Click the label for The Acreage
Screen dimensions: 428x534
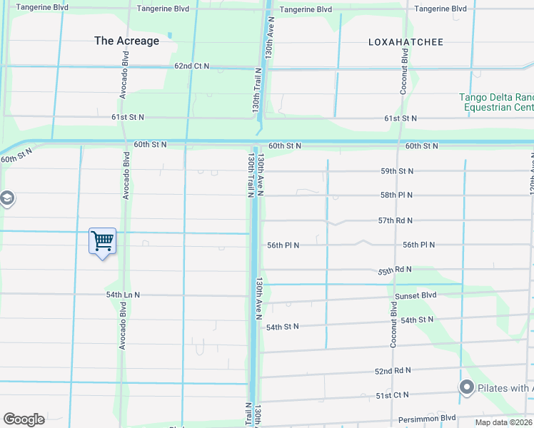click(126, 41)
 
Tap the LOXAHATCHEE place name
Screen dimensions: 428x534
click(405, 42)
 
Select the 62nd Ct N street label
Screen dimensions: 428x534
click(191, 66)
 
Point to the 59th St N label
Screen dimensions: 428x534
click(397, 171)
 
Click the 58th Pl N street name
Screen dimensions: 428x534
click(397, 195)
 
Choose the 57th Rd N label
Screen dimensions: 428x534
click(396, 221)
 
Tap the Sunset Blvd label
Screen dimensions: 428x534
click(415, 295)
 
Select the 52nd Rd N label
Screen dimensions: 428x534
click(393, 371)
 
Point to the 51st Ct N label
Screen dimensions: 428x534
click(392, 394)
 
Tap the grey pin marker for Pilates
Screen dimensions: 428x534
click(467, 387)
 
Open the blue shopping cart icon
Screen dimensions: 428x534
click(102, 241)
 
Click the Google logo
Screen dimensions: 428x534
click(24, 419)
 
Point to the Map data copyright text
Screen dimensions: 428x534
click(504, 422)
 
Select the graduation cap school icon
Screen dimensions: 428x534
click(6, 198)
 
